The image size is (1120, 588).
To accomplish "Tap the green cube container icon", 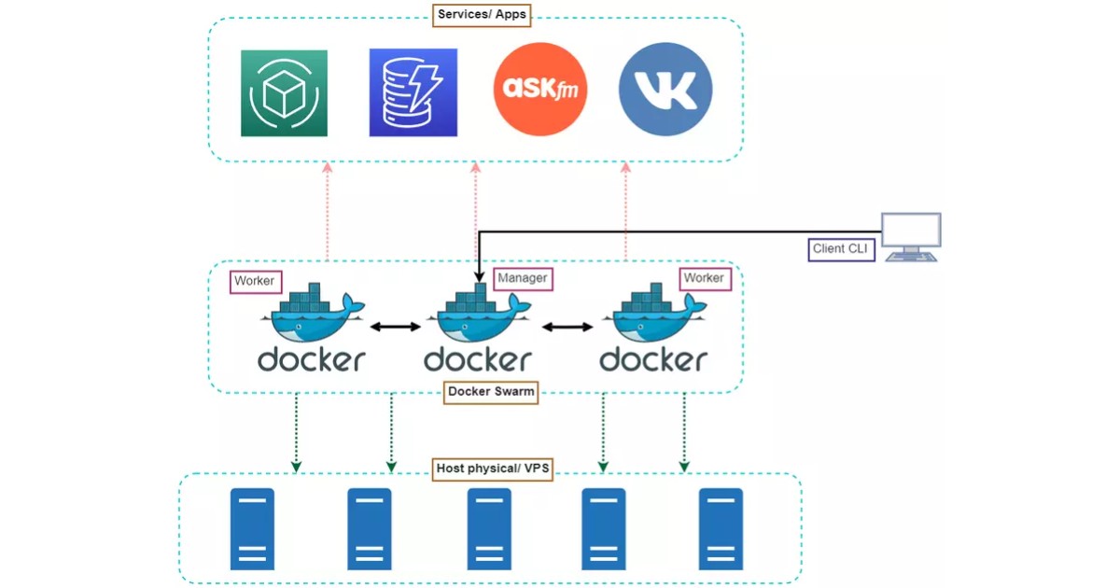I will coord(284,93).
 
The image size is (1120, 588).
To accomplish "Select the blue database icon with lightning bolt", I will coord(413,93).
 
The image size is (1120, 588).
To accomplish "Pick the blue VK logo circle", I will coord(665,90).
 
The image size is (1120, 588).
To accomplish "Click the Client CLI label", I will coord(841,249).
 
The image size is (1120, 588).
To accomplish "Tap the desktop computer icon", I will coord(911,236).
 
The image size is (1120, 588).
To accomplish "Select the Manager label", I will coord(523,278).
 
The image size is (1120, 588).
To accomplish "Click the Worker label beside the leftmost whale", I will coord(254,281).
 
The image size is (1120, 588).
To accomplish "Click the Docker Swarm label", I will coord(491,392).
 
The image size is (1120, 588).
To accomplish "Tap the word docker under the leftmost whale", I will coord(312,359).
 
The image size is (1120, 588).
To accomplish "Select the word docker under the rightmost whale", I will coord(653,359).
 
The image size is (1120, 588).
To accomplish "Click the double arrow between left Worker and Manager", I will coord(395,327).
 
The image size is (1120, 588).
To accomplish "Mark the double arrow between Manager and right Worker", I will coord(567,327).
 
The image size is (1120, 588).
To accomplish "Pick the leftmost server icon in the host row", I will coord(252,529).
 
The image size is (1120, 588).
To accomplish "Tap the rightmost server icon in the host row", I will coord(721,529).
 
